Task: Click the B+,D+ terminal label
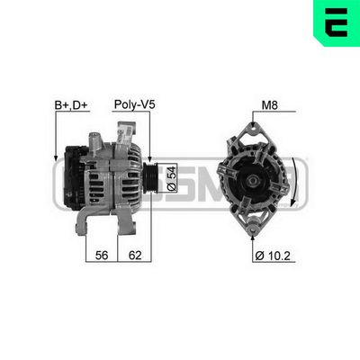tap(70, 105)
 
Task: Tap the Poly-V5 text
tap(134, 105)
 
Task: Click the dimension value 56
tap(102, 256)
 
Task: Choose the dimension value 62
tap(134, 256)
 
